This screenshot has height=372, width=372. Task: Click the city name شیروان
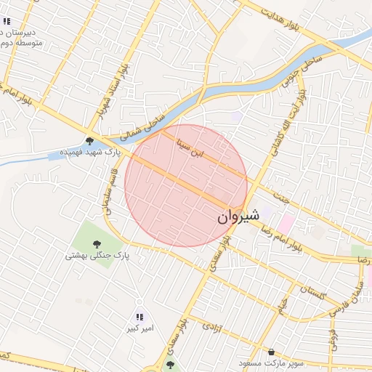238,217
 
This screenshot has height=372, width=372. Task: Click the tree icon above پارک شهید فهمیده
89,141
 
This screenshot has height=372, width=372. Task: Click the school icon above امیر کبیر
139,317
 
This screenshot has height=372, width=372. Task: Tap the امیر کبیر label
139,329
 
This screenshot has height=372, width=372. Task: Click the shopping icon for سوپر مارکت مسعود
271,351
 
